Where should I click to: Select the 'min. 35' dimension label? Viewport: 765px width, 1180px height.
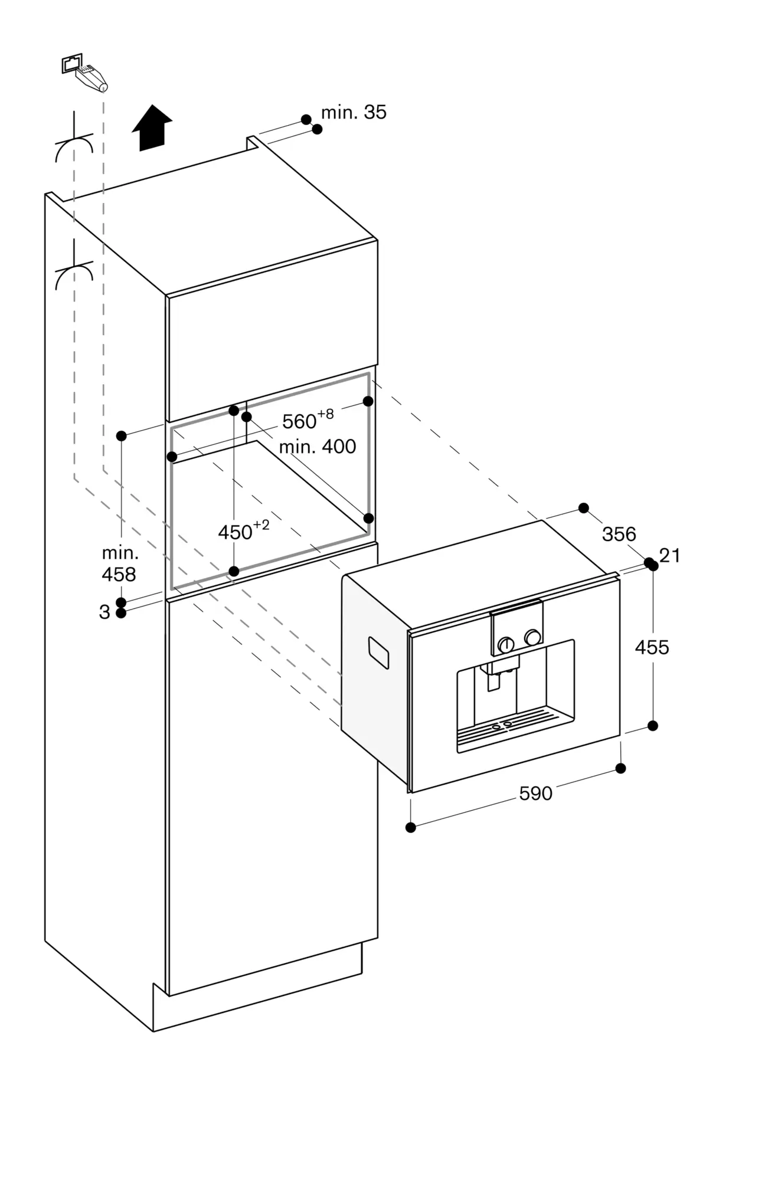click(x=353, y=112)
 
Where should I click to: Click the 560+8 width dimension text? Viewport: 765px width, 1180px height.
click(x=307, y=419)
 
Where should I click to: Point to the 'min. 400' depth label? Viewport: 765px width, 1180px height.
click(x=317, y=447)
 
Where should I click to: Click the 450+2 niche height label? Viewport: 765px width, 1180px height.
click(x=243, y=531)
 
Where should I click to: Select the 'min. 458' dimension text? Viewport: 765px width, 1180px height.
click(x=119, y=563)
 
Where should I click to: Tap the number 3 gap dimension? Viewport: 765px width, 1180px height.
click(x=104, y=612)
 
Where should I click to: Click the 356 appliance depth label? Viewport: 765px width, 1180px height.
click(x=619, y=534)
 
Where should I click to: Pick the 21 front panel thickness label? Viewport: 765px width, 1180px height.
click(x=670, y=555)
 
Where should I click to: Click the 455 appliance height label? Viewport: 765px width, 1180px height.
click(x=652, y=647)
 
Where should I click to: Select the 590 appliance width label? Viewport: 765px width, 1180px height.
click(x=535, y=794)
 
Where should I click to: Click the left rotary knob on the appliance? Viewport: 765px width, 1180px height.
click(x=505, y=644)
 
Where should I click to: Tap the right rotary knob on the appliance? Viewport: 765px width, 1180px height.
click(x=532, y=637)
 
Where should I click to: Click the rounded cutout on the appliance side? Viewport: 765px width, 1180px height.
click(x=378, y=653)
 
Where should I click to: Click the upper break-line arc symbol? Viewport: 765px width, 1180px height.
click(x=74, y=147)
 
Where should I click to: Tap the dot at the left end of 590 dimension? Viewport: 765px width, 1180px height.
click(x=411, y=828)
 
